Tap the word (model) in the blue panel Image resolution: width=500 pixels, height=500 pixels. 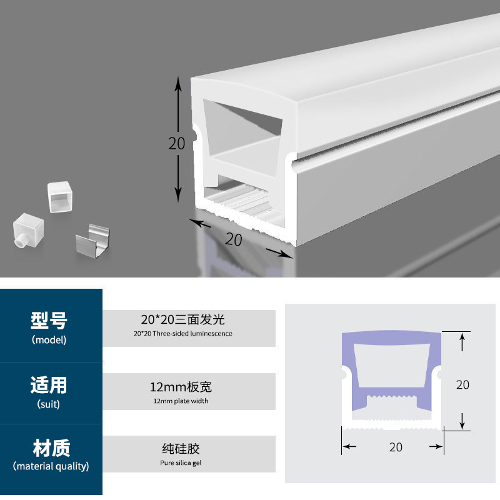[x=49, y=340]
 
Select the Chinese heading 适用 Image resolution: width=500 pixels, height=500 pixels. [x=49, y=384]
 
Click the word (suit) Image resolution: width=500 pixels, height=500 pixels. [x=49, y=404]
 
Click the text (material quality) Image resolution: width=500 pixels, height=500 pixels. [x=51, y=466]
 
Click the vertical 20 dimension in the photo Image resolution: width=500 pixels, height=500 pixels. [x=177, y=143]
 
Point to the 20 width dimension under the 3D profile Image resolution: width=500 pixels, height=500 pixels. [x=234, y=238]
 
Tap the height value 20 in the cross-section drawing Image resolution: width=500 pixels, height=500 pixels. [x=462, y=384]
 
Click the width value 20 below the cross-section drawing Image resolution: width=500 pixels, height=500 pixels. [x=396, y=447]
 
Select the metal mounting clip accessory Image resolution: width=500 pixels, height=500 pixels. [x=91, y=240]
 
